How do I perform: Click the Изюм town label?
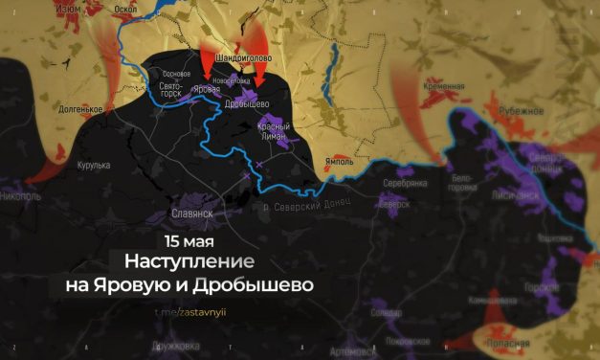(x=68, y=8)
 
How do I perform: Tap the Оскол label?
(x=125, y=8)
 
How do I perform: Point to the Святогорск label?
(x=170, y=90)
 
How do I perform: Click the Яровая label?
(x=206, y=89)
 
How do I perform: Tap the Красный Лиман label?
(x=274, y=132)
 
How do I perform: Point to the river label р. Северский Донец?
(x=306, y=204)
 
